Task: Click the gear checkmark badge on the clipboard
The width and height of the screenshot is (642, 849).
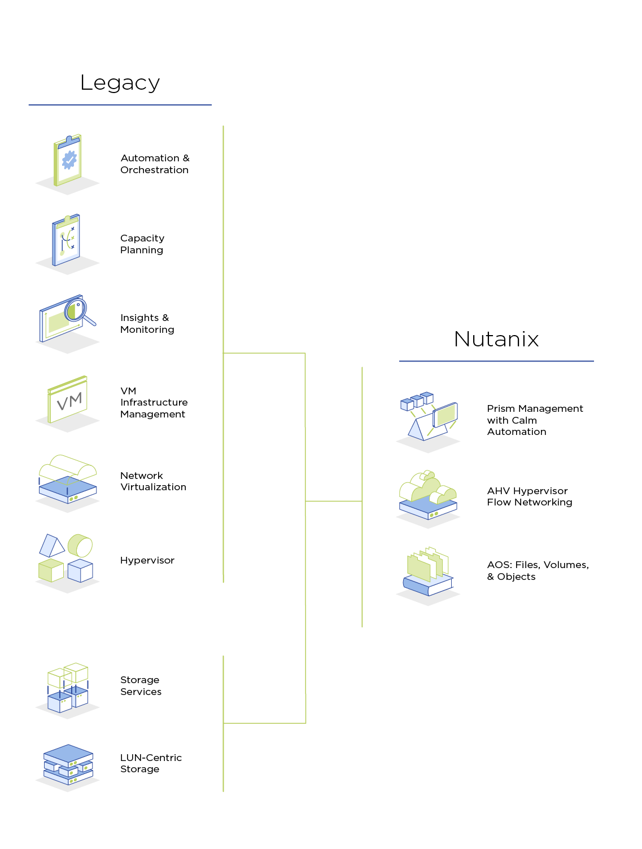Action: click(x=69, y=160)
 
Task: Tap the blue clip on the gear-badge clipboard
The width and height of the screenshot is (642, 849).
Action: click(x=69, y=138)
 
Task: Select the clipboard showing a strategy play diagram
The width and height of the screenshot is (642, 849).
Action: click(x=66, y=240)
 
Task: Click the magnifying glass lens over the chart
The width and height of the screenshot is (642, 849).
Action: click(x=75, y=311)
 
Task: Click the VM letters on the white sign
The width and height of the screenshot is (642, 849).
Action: click(x=69, y=401)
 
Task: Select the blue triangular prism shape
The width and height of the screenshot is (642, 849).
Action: click(x=51, y=546)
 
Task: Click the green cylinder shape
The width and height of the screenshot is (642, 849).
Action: click(x=80, y=546)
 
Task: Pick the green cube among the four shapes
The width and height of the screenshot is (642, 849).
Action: click(x=51, y=570)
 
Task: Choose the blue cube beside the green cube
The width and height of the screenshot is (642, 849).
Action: click(x=80, y=570)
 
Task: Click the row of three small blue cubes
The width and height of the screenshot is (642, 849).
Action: click(x=417, y=401)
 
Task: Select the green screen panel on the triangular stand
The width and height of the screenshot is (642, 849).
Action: click(x=445, y=415)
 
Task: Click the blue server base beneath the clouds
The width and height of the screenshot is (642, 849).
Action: click(x=427, y=509)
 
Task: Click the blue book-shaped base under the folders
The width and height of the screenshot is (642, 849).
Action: click(x=427, y=585)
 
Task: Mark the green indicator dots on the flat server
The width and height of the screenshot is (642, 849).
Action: click(x=73, y=499)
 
